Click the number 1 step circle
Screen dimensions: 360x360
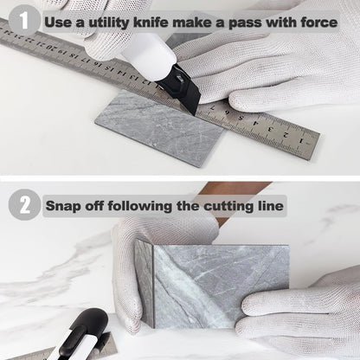pos(23,20)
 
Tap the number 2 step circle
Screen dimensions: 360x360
pos(24,205)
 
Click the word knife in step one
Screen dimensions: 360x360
pos(151,22)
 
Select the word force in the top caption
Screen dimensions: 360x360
pos(319,22)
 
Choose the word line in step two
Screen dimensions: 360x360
pos(270,206)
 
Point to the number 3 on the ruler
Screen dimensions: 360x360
pos(270,129)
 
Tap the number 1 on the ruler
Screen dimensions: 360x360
pos(301,141)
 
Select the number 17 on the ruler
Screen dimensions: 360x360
pos(85,59)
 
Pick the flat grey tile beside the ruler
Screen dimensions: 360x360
pos(159,127)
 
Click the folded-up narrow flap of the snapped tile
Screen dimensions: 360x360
pos(145,284)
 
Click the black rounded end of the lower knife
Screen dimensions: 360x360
pos(93,320)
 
